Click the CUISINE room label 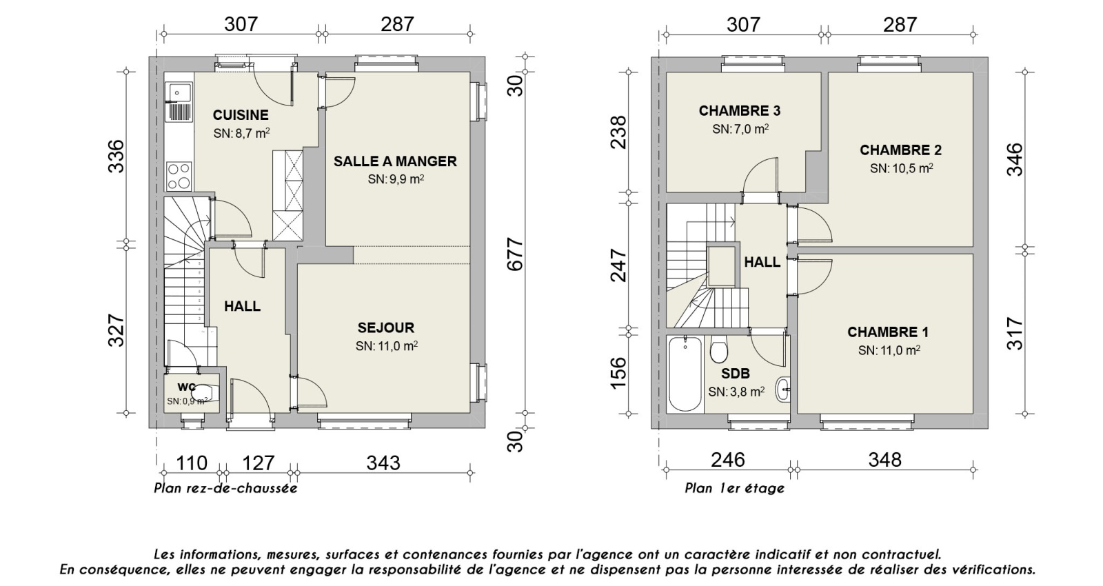(x=240, y=115)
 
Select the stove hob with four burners (x=179, y=174)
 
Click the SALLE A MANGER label (x=395, y=161)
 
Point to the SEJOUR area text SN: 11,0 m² (x=387, y=346)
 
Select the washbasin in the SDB (x=784, y=390)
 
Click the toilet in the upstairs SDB (x=718, y=350)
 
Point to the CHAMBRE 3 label (x=739, y=111)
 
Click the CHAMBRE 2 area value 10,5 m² (x=901, y=168)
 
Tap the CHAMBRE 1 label (x=888, y=332)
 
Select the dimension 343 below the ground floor (x=383, y=463)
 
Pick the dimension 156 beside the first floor (x=619, y=373)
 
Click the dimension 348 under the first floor (x=884, y=460)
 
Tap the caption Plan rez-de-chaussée (x=225, y=489)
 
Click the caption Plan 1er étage (x=734, y=489)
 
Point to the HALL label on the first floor (x=762, y=262)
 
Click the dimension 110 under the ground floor (x=191, y=463)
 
